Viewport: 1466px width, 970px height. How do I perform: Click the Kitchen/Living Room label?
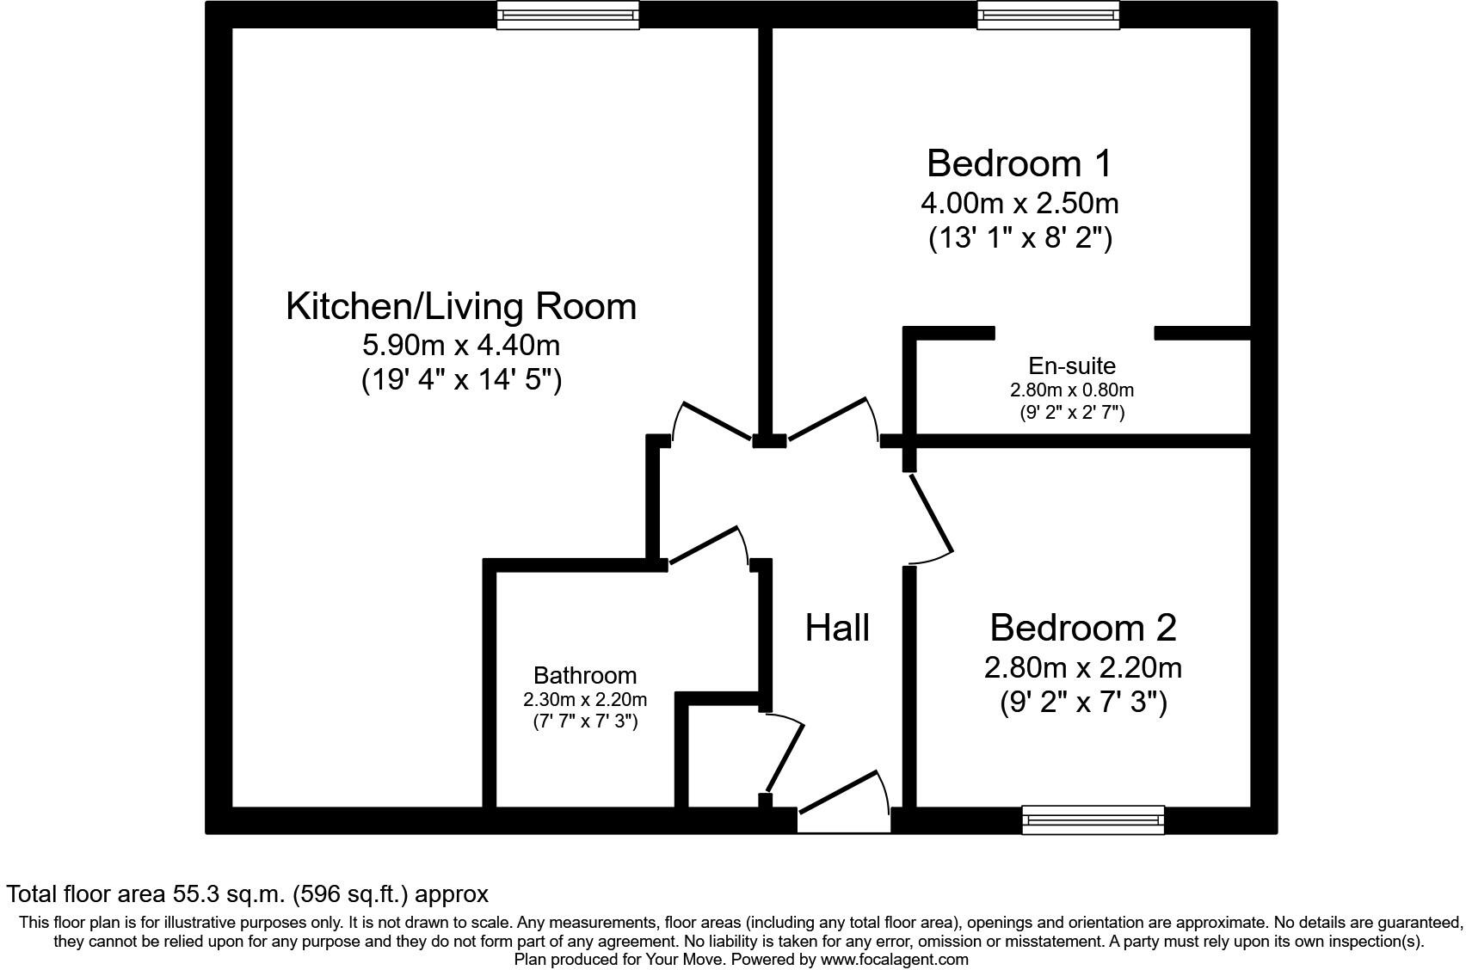tap(460, 307)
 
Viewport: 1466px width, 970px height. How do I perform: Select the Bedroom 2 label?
tap(1082, 628)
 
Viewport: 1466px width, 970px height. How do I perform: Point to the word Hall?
tap(837, 629)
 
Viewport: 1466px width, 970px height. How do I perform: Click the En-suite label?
tap(1071, 366)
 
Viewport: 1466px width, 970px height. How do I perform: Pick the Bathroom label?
tap(585, 676)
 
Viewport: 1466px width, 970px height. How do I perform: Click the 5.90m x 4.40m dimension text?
tap(460, 346)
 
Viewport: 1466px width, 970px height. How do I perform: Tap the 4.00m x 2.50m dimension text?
tap(1019, 204)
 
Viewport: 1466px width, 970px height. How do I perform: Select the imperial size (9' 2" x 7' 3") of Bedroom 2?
tap(1082, 703)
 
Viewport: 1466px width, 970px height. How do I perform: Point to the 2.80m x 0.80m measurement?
tap(1071, 390)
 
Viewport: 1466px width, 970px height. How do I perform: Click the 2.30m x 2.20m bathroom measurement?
tap(585, 700)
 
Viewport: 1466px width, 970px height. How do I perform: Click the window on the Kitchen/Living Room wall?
tap(568, 15)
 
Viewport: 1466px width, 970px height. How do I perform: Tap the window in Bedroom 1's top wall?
tap(1048, 15)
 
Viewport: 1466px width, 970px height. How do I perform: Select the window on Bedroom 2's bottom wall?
tap(1093, 820)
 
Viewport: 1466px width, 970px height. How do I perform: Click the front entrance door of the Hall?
tap(843, 793)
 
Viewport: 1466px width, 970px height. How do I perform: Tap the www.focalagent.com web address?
tap(894, 960)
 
